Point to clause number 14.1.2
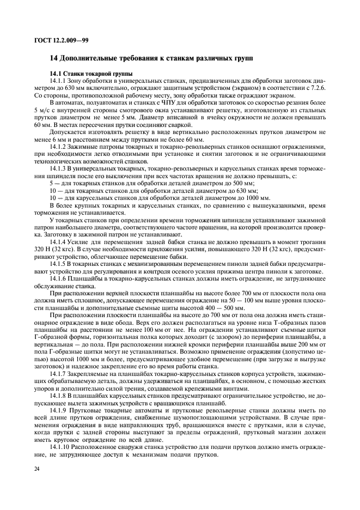[x=59, y=147]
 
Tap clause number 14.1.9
[x=59, y=409]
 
